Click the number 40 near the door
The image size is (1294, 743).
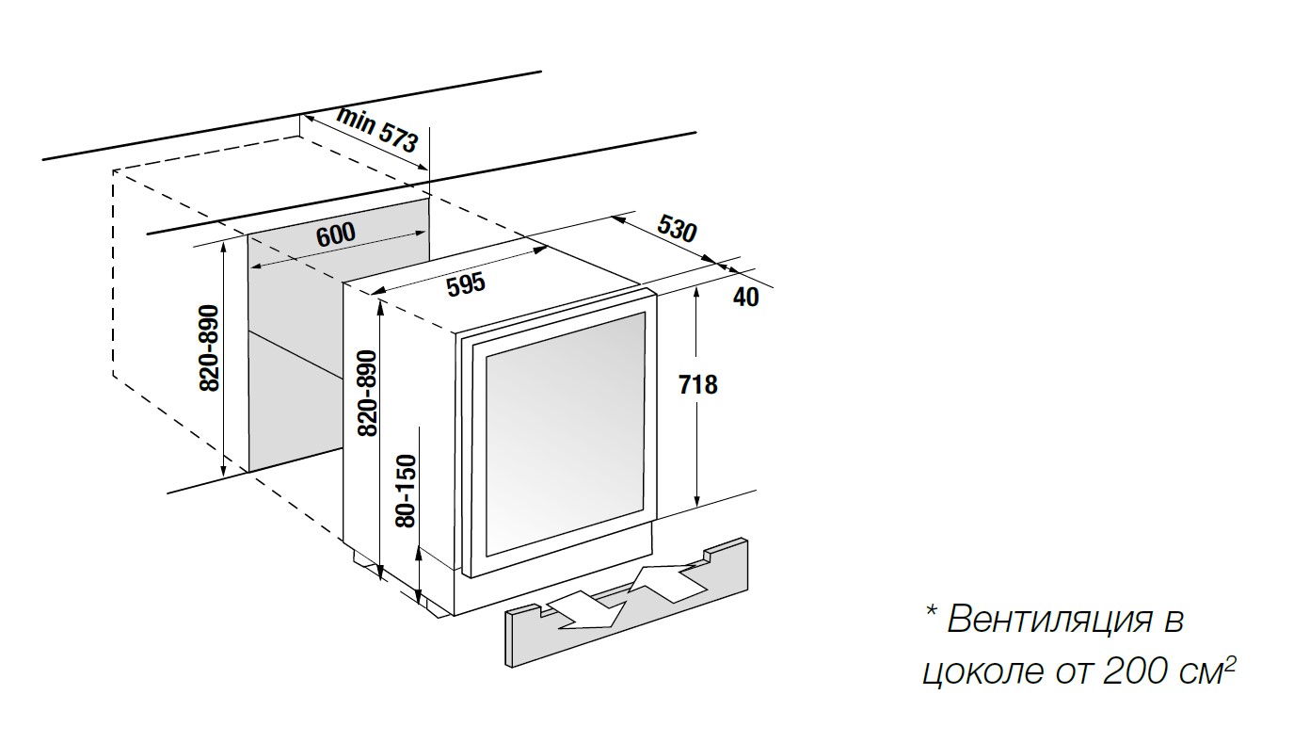(744, 297)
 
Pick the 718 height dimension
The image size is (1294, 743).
(696, 384)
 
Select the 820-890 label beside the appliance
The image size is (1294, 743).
(366, 392)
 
